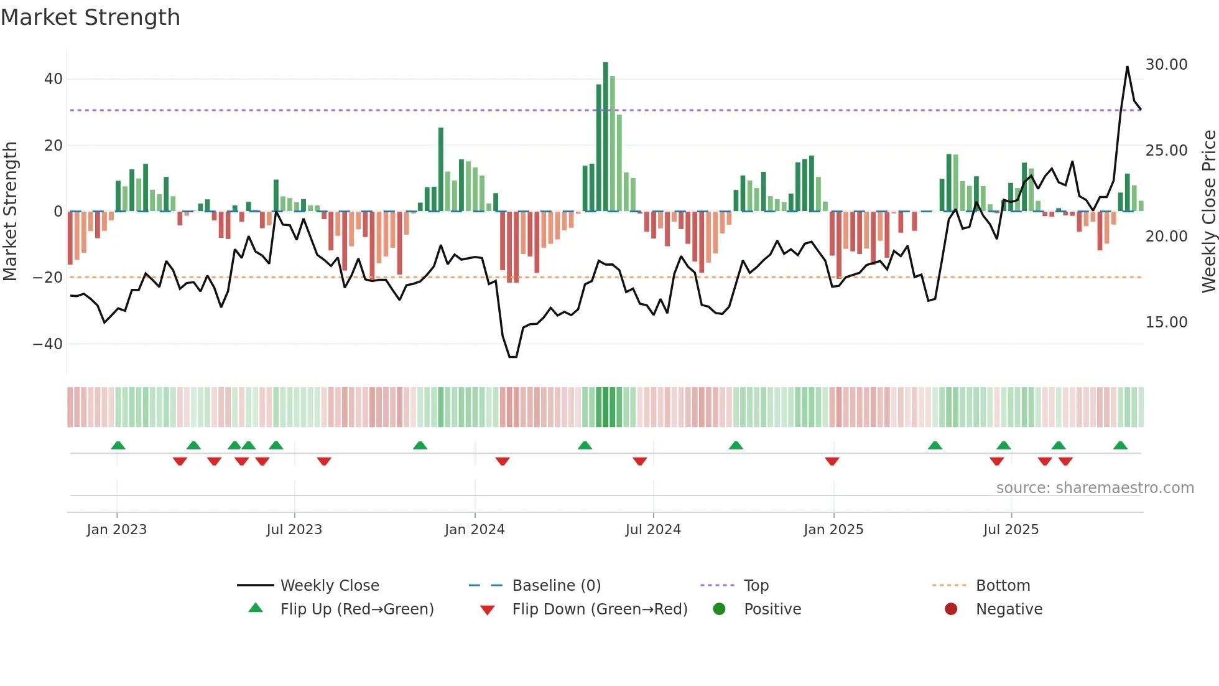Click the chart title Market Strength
pos(90,17)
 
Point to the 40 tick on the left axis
pos(53,79)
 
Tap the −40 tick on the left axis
pos(48,344)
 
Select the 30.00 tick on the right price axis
pos(1166,65)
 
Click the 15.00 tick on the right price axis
pos(1166,322)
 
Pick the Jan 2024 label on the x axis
pos(475,530)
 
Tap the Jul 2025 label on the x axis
pos(1011,530)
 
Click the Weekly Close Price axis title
pos(1208,212)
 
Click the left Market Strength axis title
pos(10,212)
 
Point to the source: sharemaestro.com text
pos(1095,488)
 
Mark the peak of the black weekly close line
pos(1127,67)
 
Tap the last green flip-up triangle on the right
pos(1120,446)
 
